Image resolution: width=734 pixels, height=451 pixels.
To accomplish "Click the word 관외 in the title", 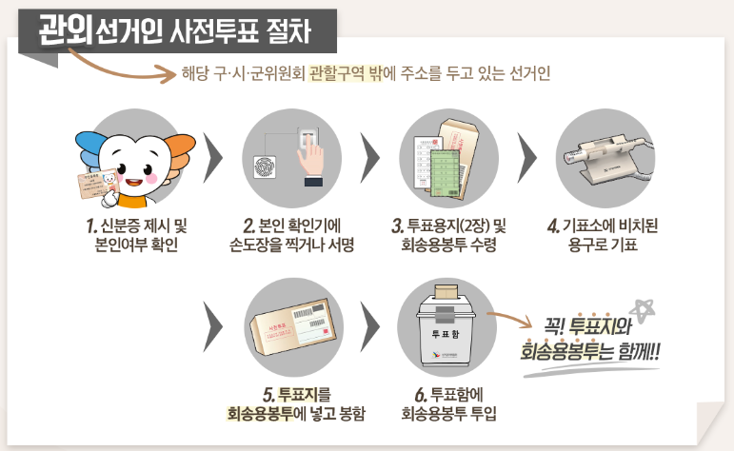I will tap(65, 31).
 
